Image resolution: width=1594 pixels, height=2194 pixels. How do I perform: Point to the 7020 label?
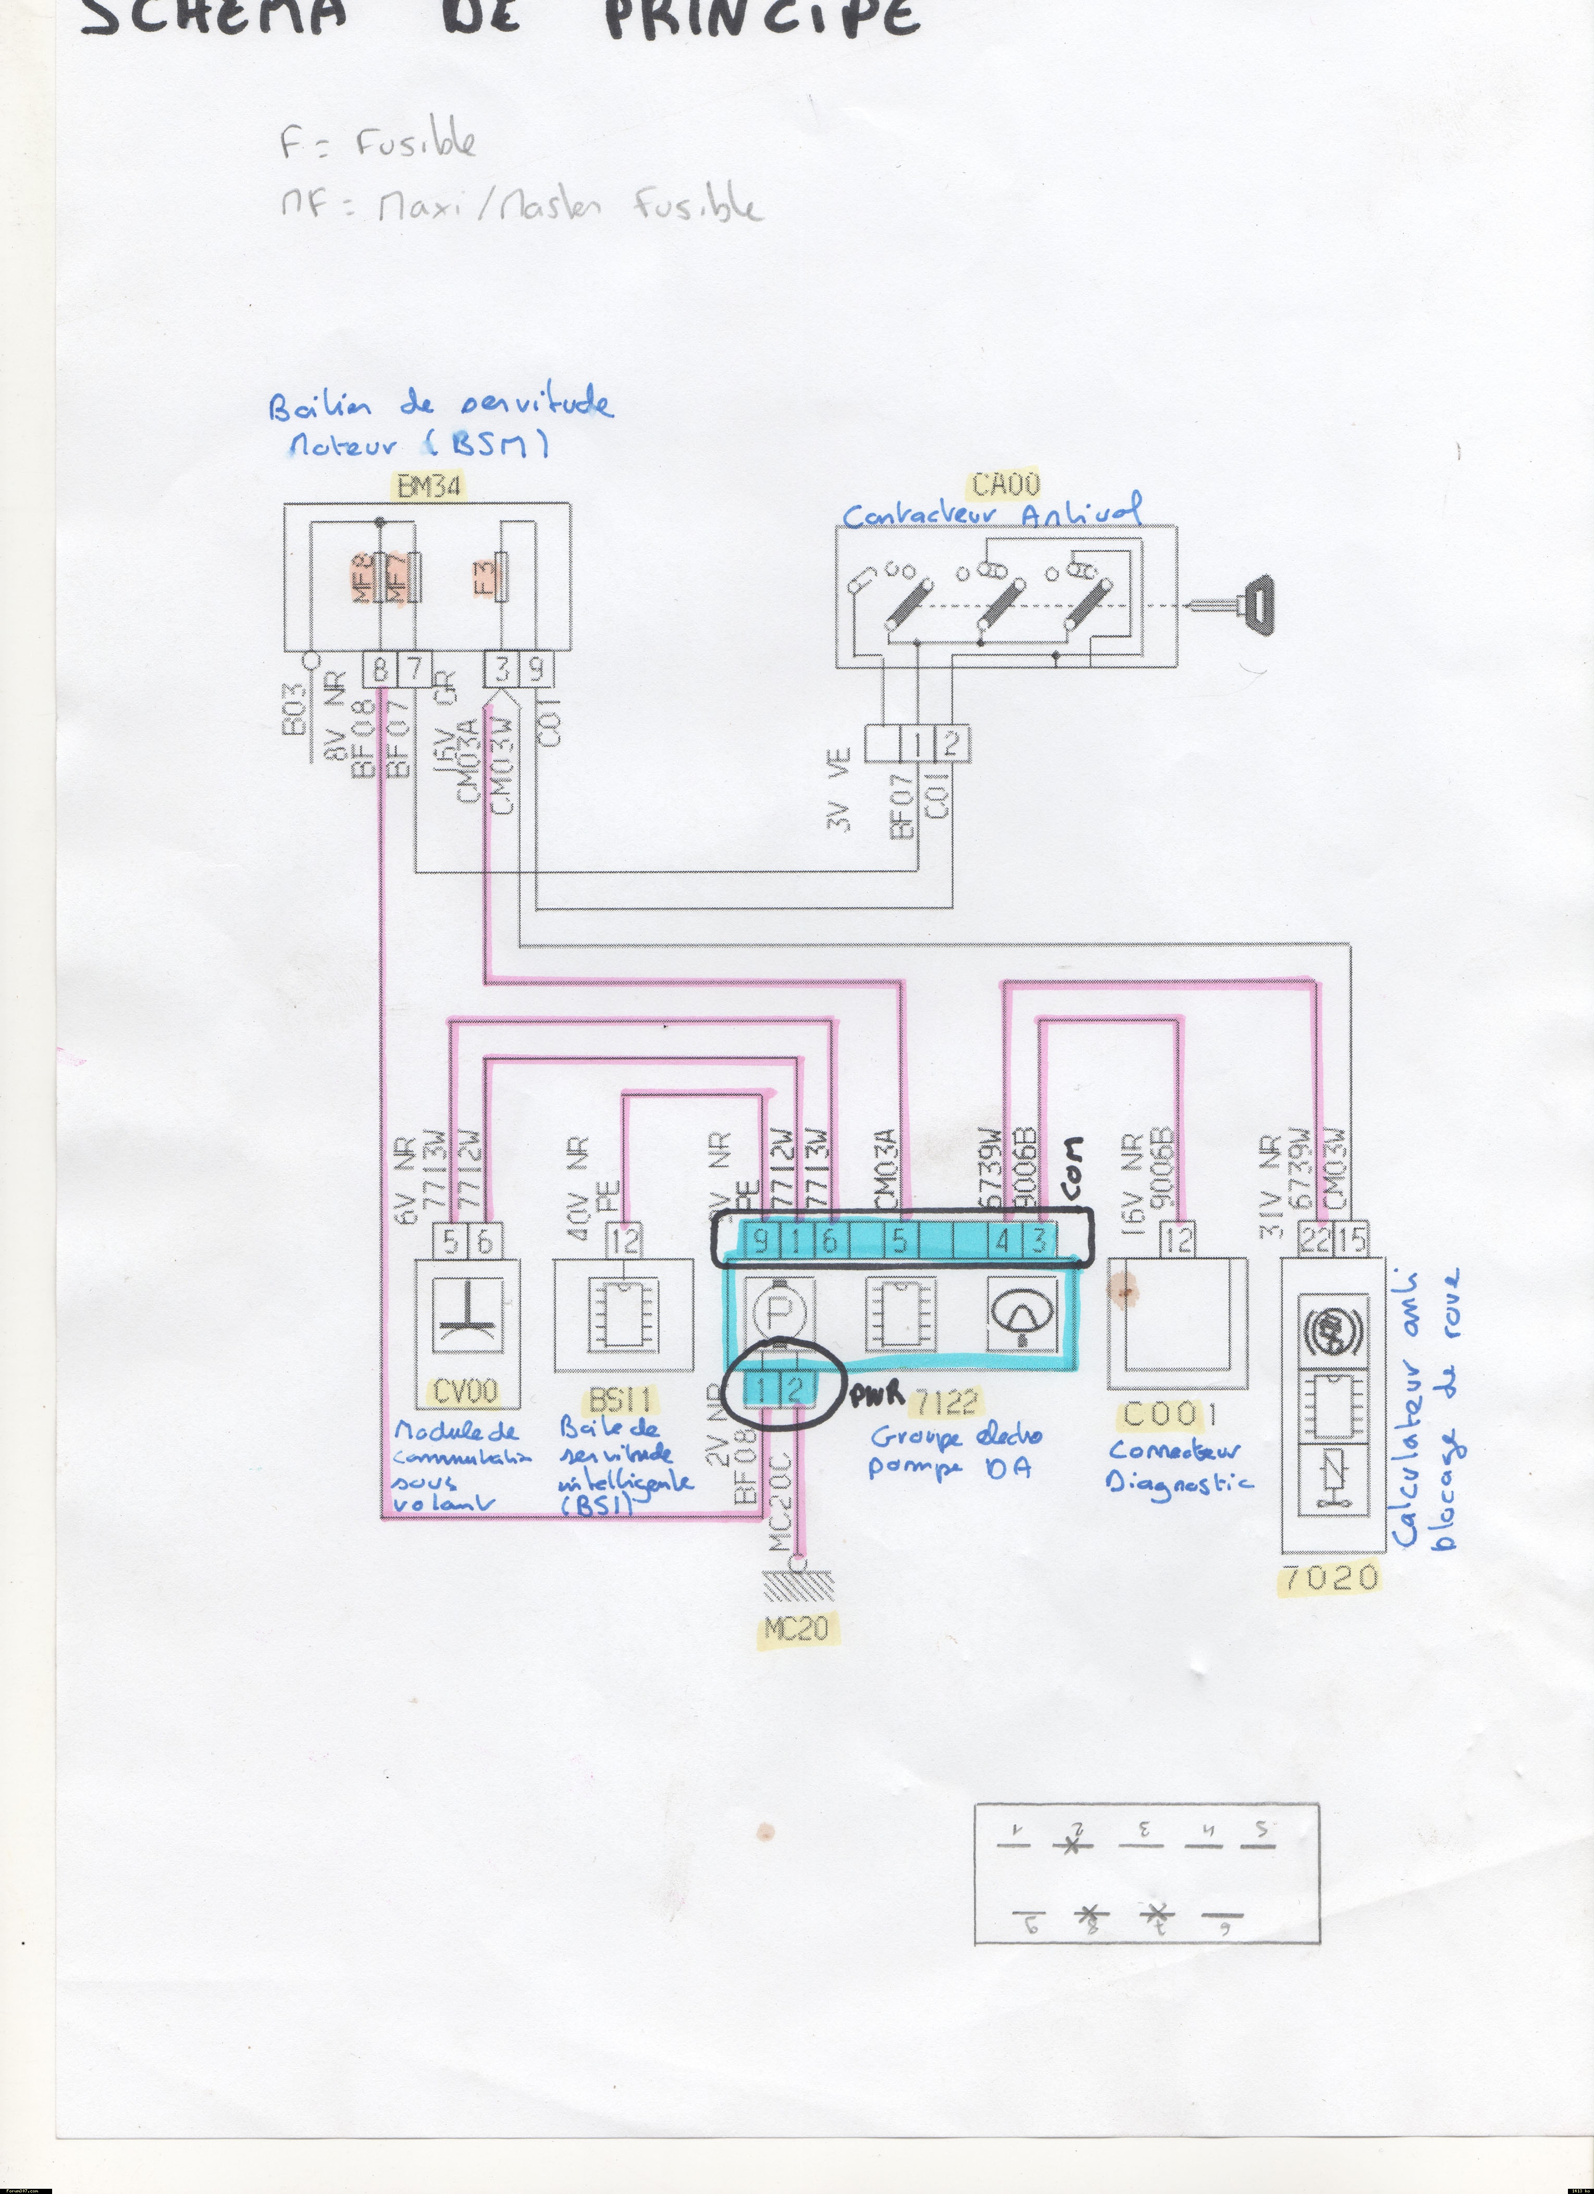pyautogui.click(x=1328, y=1578)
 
